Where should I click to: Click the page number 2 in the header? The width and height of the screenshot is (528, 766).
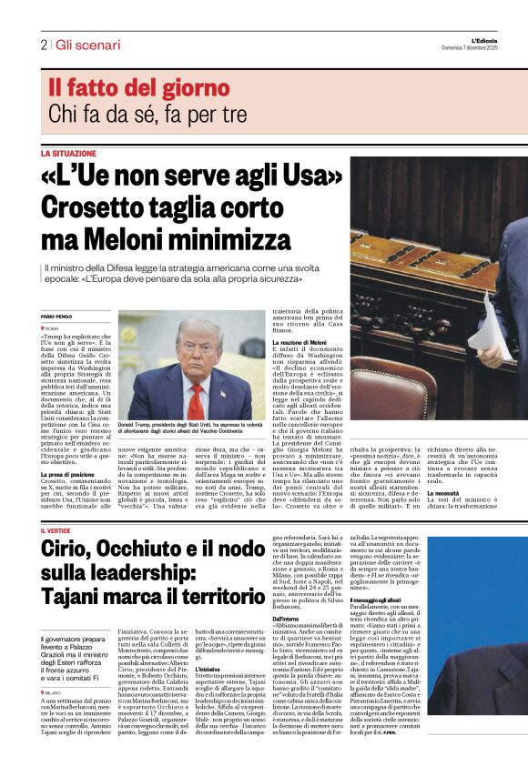point(44,45)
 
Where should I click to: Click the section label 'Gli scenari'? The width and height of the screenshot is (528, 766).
point(87,45)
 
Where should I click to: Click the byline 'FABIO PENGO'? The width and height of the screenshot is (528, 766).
point(56,316)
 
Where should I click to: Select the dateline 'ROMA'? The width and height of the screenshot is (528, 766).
point(52,327)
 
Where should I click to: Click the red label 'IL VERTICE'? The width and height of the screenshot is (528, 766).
point(56,529)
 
